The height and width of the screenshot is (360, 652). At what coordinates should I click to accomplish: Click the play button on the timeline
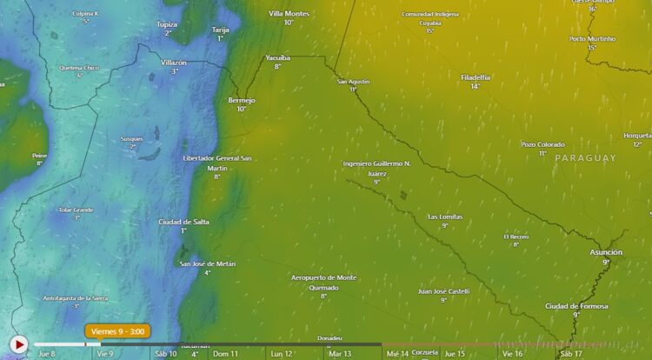click(18, 344)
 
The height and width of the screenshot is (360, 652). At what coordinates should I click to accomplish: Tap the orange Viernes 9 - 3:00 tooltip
click(117, 331)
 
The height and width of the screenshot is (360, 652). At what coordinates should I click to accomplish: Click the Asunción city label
click(606, 252)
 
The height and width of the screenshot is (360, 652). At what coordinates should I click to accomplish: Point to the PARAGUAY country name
click(585, 158)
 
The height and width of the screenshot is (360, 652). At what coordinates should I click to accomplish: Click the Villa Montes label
click(289, 14)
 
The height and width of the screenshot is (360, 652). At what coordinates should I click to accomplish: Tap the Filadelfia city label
click(476, 77)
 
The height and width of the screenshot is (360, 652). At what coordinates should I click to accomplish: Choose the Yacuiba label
click(277, 57)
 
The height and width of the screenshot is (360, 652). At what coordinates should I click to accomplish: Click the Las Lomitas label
click(445, 217)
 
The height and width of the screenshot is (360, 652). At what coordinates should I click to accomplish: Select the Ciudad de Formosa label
click(576, 306)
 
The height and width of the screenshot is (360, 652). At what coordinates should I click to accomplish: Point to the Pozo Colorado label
click(542, 144)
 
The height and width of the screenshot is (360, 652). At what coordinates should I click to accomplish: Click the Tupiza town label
click(168, 24)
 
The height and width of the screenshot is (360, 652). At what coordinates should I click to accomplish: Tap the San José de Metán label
click(207, 263)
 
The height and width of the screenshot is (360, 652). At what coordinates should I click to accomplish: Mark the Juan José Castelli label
click(443, 291)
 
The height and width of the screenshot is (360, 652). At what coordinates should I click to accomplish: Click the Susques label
click(132, 139)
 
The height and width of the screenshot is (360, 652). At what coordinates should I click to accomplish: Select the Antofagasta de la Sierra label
click(77, 298)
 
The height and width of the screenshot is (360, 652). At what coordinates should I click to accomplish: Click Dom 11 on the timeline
click(225, 354)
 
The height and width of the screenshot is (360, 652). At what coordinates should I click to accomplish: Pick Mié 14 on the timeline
click(397, 354)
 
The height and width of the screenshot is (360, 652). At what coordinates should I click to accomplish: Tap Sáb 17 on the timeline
click(571, 354)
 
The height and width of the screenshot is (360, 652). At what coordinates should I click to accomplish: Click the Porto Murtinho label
click(591, 39)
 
